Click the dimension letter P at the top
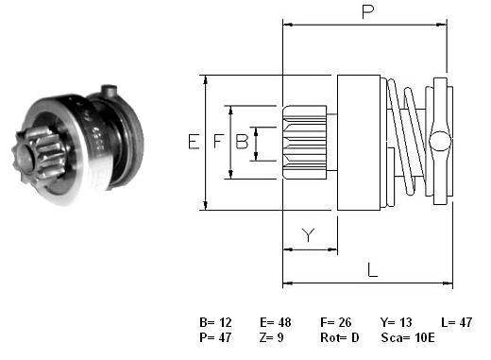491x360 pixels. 368,12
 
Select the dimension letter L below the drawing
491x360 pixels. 372,270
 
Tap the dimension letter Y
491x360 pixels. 308,235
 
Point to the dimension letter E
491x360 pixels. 194,142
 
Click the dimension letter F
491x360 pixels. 218,141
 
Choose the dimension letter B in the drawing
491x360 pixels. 242,141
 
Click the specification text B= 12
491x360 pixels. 215,322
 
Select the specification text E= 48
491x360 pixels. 276,322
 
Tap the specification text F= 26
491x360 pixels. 336,322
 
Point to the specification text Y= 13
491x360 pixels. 396,322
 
